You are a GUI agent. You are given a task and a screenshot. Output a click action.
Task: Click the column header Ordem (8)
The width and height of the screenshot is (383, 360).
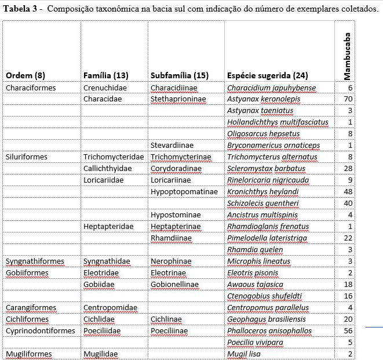coord(25,75)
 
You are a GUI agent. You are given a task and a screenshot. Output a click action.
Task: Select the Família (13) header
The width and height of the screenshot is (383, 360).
coord(106,75)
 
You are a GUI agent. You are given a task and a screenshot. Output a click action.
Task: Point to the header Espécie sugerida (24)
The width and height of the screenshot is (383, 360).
coord(267,75)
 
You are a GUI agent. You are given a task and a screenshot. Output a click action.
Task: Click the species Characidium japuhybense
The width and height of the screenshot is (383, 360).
coord(271,88)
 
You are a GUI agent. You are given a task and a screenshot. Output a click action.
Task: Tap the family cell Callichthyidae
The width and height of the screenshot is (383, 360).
coord(107,168)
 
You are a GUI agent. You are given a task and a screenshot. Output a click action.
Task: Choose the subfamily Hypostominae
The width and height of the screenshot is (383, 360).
coord(176,214)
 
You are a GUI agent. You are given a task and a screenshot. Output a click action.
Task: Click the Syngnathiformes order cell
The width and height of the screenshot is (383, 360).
coord(35,261)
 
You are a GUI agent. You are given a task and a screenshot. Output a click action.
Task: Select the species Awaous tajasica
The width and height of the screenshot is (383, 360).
coord(255,284)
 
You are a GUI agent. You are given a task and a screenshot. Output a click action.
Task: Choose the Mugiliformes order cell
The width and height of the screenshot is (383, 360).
coord(28,354)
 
